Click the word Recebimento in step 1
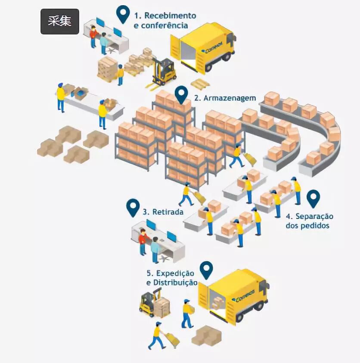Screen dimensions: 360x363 pyautogui.click(x=170, y=16)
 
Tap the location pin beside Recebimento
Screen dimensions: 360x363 pyautogui.click(x=124, y=14)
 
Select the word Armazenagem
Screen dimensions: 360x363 pyautogui.click(x=230, y=98)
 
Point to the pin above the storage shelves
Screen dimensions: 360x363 pyautogui.click(x=182, y=94)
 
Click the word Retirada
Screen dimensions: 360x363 pyautogui.click(x=168, y=212)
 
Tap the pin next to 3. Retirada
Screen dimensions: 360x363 pyautogui.click(x=133, y=207)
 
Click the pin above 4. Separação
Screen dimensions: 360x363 pyautogui.click(x=313, y=198)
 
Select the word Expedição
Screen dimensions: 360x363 pyautogui.click(x=175, y=273)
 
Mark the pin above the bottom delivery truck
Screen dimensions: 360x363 pyautogui.click(x=207, y=269)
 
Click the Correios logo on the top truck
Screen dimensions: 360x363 pyautogui.click(x=212, y=49)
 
